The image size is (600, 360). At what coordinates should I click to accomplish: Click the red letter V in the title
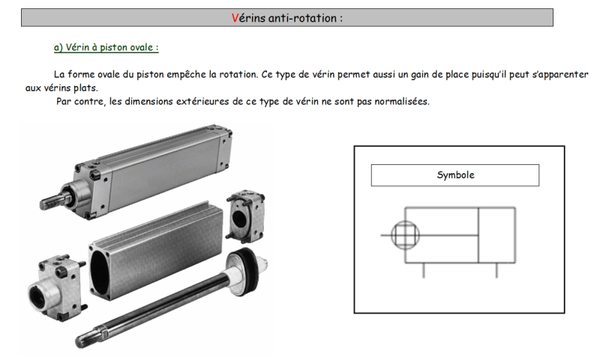point(235,18)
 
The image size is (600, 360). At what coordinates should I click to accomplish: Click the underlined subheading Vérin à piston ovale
point(106,47)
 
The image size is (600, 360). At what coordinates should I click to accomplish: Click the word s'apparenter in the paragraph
point(560,74)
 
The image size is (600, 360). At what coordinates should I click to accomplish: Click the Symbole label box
point(455,175)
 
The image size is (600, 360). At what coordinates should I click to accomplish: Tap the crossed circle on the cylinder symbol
point(405,235)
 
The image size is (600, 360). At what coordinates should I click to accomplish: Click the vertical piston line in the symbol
point(478,235)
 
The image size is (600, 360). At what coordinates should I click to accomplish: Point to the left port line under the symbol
point(423,270)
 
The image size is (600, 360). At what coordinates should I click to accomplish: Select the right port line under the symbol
point(496,270)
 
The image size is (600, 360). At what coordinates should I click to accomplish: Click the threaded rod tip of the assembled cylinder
point(49,201)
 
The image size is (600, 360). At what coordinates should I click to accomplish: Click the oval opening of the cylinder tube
point(100,272)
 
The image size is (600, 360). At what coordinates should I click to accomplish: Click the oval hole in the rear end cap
point(239,217)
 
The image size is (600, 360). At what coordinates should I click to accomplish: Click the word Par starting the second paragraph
point(64,101)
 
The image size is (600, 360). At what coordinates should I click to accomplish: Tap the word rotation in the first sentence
point(238,74)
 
